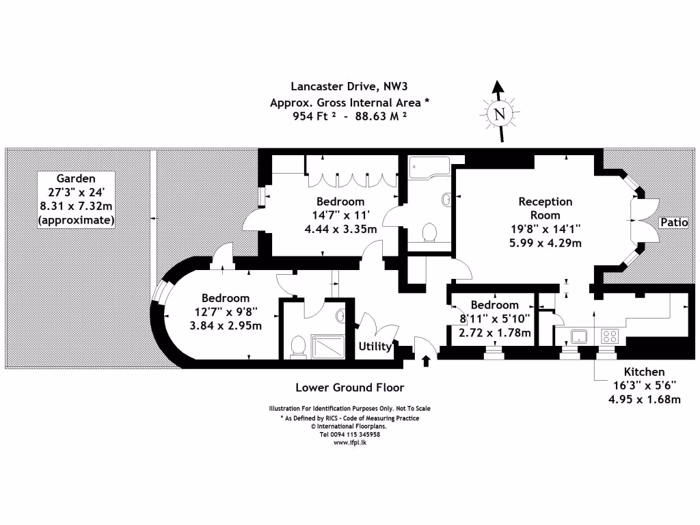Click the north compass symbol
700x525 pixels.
tap(500, 113)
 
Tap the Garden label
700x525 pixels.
tap(77, 178)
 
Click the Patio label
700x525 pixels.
tap(673, 222)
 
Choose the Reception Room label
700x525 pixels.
tap(545, 208)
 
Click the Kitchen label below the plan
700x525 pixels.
tap(644, 372)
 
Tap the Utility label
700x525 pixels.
tap(375, 347)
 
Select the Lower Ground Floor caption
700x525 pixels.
tap(349, 387)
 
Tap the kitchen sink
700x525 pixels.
tap(580, 336)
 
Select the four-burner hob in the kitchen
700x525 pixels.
tap(609, 336)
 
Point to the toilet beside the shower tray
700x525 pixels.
tap(297, 347)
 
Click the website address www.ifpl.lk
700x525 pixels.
tap(349, 442)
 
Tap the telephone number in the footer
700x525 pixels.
tap(349, 434)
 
